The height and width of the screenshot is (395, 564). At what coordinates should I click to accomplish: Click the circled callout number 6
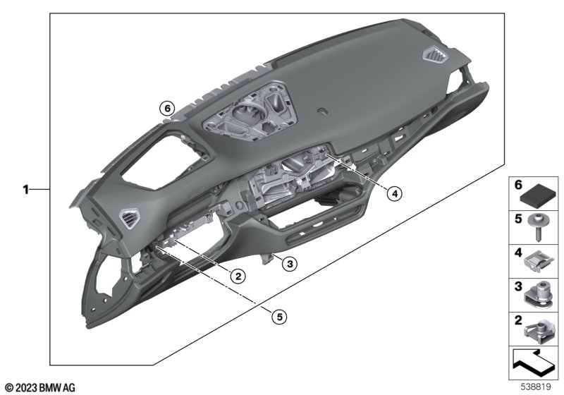coord(167,109)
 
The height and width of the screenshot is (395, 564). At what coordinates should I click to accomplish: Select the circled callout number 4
coord(394,193)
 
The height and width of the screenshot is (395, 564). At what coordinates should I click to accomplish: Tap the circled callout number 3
coord(290,264)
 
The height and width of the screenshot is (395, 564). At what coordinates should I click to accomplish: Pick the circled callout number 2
coord(238,276)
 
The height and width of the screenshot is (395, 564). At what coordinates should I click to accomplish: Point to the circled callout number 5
coord(279,317)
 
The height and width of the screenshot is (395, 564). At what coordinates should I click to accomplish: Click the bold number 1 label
coord(25,189)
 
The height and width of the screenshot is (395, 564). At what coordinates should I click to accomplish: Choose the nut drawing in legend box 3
coord(537,296)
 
